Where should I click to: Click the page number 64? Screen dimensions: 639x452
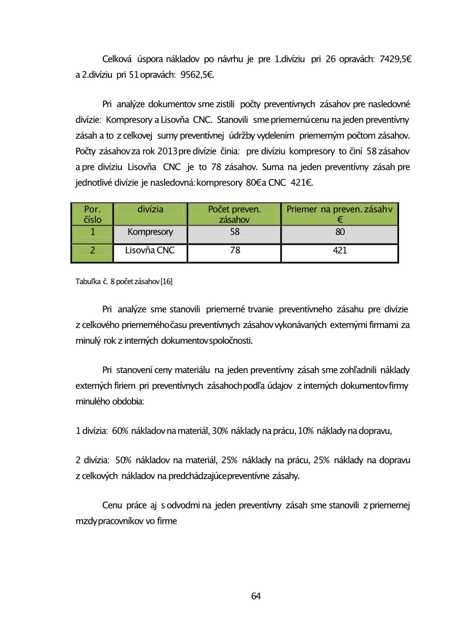click(256, 596)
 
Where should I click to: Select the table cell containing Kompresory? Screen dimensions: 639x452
click(150, 232)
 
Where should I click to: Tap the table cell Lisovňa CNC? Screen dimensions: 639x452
click(150, 251)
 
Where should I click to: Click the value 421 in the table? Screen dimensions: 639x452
click(340, 251)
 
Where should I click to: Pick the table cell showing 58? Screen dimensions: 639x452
click(234, 232)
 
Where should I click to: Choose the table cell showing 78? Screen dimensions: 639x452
click(235, 251)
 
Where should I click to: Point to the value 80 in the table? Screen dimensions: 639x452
click(340, 232)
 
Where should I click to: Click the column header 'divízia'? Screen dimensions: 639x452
click(150, 209)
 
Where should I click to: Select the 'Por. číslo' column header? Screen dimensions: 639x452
click(92, 214)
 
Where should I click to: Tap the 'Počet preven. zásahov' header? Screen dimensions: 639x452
click(234, 214)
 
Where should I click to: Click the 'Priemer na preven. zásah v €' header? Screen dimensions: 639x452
click(339, 214)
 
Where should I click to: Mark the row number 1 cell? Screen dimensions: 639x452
click(93, 232)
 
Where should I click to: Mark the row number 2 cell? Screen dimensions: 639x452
click(93, 251)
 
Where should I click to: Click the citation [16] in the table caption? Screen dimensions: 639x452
click(166, 281)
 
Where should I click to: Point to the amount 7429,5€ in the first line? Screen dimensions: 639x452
click(395, 59)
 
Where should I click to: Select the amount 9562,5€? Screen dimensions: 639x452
click(197, 75)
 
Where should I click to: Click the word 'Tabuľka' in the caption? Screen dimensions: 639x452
click(88, 281)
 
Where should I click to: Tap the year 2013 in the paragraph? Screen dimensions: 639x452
click(167, 152)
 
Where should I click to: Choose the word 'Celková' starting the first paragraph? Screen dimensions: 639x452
click(117, 59)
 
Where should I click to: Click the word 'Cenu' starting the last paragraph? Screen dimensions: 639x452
click(112, 506)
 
